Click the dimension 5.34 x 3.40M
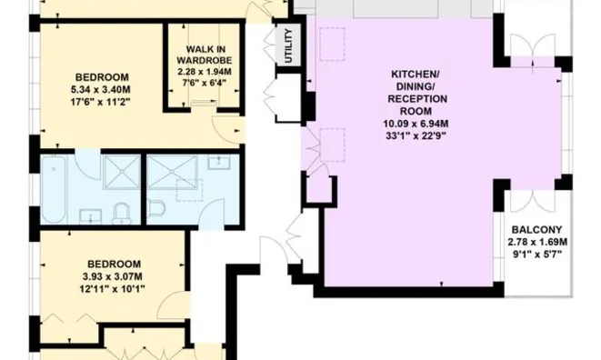point(101,89)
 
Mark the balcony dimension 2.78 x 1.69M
point(537,242)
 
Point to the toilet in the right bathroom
point(155,208)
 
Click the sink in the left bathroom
point(89,215)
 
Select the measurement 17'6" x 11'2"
point(101,102)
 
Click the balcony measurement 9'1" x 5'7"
point(537,255)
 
